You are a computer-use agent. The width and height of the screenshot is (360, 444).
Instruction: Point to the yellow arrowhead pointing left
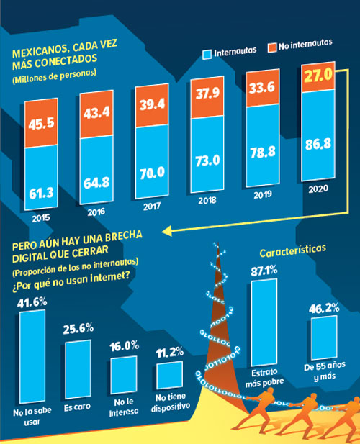(168, 231)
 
